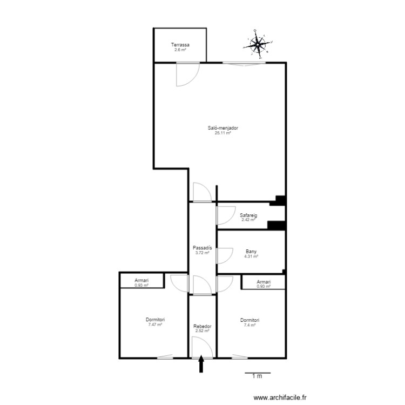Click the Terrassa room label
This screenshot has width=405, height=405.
(180, 45)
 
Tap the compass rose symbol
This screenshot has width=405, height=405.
(258, 45)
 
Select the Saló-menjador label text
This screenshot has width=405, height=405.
(223, 128)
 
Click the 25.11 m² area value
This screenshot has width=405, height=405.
(223, 133)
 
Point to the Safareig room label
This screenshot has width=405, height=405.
(248, 215)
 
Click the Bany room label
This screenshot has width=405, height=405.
(251, 251)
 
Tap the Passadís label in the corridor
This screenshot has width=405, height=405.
(202, 248)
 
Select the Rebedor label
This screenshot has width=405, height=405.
(202, 327)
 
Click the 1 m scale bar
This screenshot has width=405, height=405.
(257, 374)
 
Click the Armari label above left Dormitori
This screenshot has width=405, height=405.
(141, 281)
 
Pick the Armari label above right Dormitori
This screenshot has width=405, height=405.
(264, 282)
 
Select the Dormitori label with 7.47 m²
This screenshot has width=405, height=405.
(155, 320)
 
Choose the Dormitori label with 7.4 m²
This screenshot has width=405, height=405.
(250, 320)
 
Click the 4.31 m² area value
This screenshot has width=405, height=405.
(251, 256)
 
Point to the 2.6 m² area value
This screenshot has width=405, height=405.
(180, 50)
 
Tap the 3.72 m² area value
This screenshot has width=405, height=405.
(202, 253)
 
